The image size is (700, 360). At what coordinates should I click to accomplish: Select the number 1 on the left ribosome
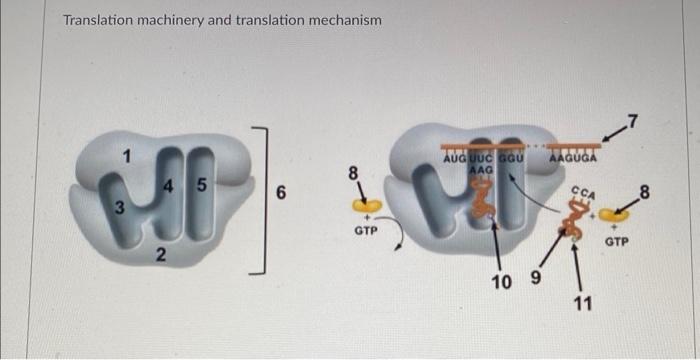pos(126,155)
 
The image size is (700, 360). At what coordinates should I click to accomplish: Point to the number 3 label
pos(119,208)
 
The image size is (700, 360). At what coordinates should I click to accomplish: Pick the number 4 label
pos(169,186)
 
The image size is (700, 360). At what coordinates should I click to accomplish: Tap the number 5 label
pos(202,186)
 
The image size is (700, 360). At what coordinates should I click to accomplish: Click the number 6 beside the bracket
pos(282,196)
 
